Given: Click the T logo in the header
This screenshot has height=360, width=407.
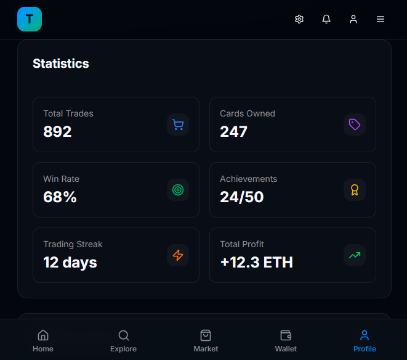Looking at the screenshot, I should tap(30, 19).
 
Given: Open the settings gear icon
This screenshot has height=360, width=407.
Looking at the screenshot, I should tap(299, 19).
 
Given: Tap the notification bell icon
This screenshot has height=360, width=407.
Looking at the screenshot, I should tap(326, 19).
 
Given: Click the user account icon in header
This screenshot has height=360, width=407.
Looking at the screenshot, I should tap(353, 19).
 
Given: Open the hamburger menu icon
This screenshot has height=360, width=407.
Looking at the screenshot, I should tap(381, 19).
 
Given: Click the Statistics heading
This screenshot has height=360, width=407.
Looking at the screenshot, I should tap(61, 63).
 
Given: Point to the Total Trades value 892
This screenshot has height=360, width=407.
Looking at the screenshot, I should tap(57, 131).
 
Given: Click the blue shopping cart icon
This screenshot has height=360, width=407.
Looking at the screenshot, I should tap(178, 125).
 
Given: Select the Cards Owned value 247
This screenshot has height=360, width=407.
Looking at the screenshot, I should tap(233, 131).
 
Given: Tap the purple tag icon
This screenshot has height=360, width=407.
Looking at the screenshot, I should tap(355, 125).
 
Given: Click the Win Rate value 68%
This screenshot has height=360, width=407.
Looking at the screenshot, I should tap(60, 197).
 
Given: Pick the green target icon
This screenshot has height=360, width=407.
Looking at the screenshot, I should tap(178, 190).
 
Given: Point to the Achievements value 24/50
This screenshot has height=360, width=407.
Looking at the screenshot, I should tap(242, 197).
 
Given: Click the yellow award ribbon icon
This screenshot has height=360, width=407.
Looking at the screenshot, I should tap(355, 190).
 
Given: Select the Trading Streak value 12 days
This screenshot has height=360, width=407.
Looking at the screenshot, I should tap(70, 262).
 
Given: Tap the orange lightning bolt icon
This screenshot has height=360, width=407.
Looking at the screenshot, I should tap(178, 255).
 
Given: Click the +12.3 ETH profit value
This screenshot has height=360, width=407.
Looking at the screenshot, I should tap(256, 262).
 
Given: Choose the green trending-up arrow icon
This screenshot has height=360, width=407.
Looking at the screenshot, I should tap(355, 255).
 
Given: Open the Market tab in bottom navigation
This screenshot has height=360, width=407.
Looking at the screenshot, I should tap(206, 340).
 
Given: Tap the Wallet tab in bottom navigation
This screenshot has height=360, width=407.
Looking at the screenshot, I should tap(286, 340).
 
